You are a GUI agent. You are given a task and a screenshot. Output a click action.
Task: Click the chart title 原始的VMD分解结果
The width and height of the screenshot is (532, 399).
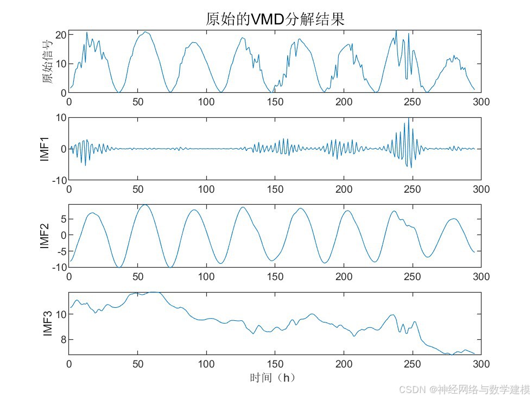pos(275,20)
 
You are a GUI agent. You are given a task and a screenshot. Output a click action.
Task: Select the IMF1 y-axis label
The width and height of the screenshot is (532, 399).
pos(46,149)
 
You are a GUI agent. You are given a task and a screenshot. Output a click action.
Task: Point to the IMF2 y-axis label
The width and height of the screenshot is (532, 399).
pos(46,236)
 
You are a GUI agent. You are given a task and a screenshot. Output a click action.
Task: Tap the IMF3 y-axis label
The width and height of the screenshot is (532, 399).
pos(48,324)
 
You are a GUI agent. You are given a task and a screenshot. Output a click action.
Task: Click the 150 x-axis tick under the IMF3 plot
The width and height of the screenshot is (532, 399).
pos(275,364)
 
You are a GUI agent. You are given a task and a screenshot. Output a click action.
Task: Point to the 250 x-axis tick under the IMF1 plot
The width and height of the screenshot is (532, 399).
pos(413,189)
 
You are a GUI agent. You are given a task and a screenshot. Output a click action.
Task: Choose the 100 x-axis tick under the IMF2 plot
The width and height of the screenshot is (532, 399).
pos(206,276)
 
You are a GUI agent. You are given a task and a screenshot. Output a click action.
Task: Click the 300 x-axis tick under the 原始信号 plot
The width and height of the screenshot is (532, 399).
pos(481,102)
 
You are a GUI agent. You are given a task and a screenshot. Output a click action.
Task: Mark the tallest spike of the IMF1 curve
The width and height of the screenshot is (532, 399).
pos(408,118)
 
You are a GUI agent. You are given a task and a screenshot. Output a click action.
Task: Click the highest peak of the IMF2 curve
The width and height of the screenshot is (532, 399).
pos(144,205)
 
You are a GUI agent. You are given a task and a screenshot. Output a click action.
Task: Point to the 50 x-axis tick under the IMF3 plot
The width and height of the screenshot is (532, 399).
pos(138,364)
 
